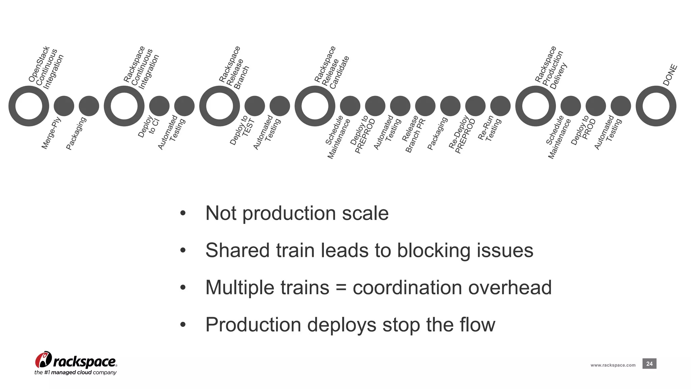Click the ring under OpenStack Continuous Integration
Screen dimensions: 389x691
(29, 106)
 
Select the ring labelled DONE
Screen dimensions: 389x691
(656, 106)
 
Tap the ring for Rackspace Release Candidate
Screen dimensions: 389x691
(315, 106)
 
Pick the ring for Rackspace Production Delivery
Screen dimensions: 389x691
(535, 106)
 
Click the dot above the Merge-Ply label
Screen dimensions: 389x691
(64, 106)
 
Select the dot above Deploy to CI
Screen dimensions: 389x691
(159, 106)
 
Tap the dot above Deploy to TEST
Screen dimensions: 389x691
(255, 106)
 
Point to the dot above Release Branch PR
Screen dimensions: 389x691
(425, 106)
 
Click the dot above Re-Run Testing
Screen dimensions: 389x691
(500, 106)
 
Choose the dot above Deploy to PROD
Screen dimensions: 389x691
(596, 106)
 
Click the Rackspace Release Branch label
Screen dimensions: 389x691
(234, 68)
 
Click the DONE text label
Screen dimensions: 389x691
(670, 75)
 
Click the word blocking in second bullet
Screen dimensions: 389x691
(434, 251)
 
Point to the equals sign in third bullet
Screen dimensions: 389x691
(341, 288)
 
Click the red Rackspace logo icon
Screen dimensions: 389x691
(43, 360)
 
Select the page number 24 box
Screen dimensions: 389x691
(649, 364)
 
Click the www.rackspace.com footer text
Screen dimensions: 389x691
(613, 365)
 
